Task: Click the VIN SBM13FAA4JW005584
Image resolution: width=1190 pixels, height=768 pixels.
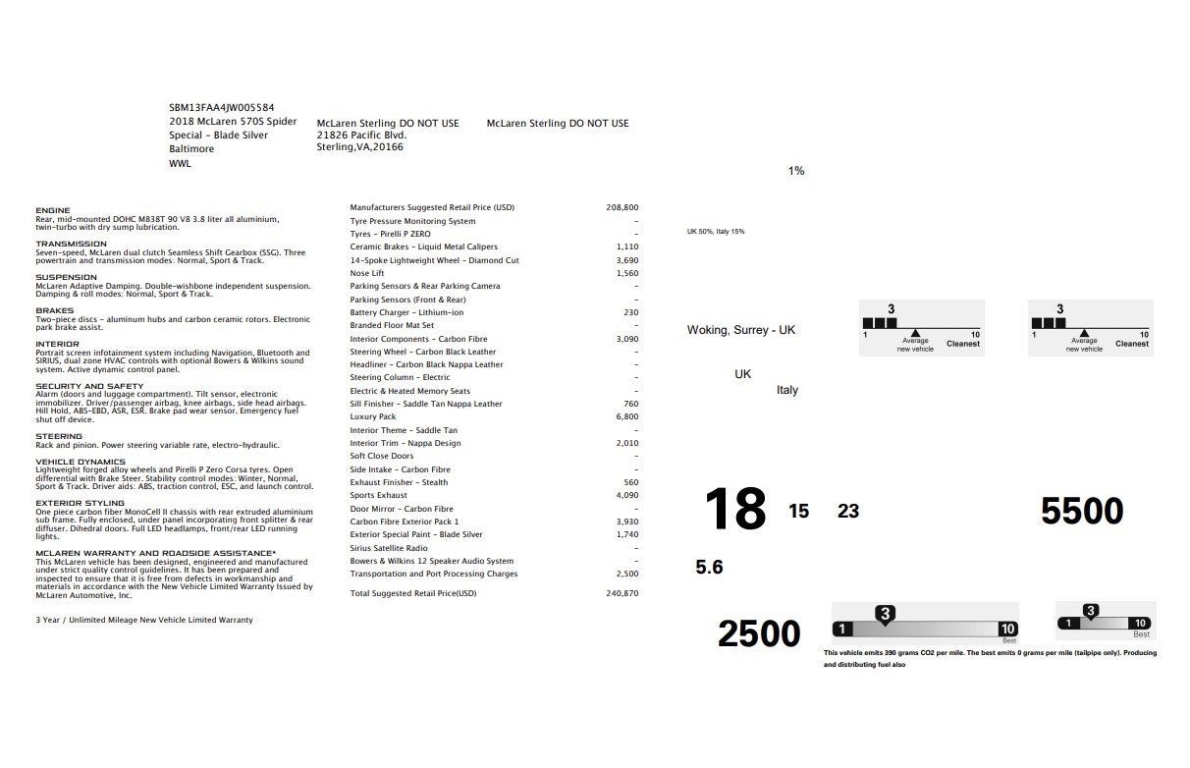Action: tap(221, 107)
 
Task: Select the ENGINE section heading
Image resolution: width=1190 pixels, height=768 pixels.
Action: tap(52, 210)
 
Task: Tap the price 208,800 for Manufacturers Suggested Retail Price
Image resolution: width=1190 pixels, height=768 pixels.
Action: tap(622, 207)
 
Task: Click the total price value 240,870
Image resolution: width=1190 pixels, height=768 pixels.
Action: tap(622, 593)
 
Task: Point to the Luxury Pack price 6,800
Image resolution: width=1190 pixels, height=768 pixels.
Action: tap(625, 416)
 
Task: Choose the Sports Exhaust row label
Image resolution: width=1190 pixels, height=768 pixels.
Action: tap(378, 495)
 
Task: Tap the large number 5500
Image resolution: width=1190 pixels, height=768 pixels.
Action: tap(1082, 512)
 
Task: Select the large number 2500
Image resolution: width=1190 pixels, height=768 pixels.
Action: tap(759, 634)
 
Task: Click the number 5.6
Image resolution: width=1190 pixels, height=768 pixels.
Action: tap(709, 567)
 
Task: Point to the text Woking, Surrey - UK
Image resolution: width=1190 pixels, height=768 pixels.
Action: tap(740, 330)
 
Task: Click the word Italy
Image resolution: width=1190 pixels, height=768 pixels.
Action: tap(786, 390)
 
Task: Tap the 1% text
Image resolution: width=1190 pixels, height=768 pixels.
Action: tap(795, 171)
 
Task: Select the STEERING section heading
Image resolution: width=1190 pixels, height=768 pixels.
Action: tap(59, 436)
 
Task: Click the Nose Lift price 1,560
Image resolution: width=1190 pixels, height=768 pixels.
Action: tap(626, 273)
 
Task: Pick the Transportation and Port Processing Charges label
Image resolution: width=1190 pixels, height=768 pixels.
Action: tap(434, 574)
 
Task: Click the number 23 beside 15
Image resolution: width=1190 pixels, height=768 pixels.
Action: tap(847, 511)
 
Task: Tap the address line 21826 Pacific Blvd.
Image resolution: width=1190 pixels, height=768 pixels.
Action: tap(360, 136)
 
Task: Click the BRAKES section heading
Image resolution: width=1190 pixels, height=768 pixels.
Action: tap(54, 310)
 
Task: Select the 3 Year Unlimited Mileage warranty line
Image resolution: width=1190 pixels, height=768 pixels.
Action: tap(143, 620)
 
